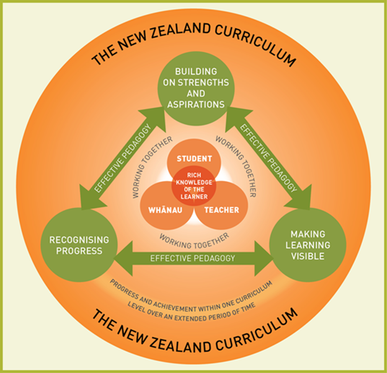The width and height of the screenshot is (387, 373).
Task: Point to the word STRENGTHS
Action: click(204, 82)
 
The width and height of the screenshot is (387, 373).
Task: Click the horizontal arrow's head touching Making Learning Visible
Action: click(262, 258)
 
